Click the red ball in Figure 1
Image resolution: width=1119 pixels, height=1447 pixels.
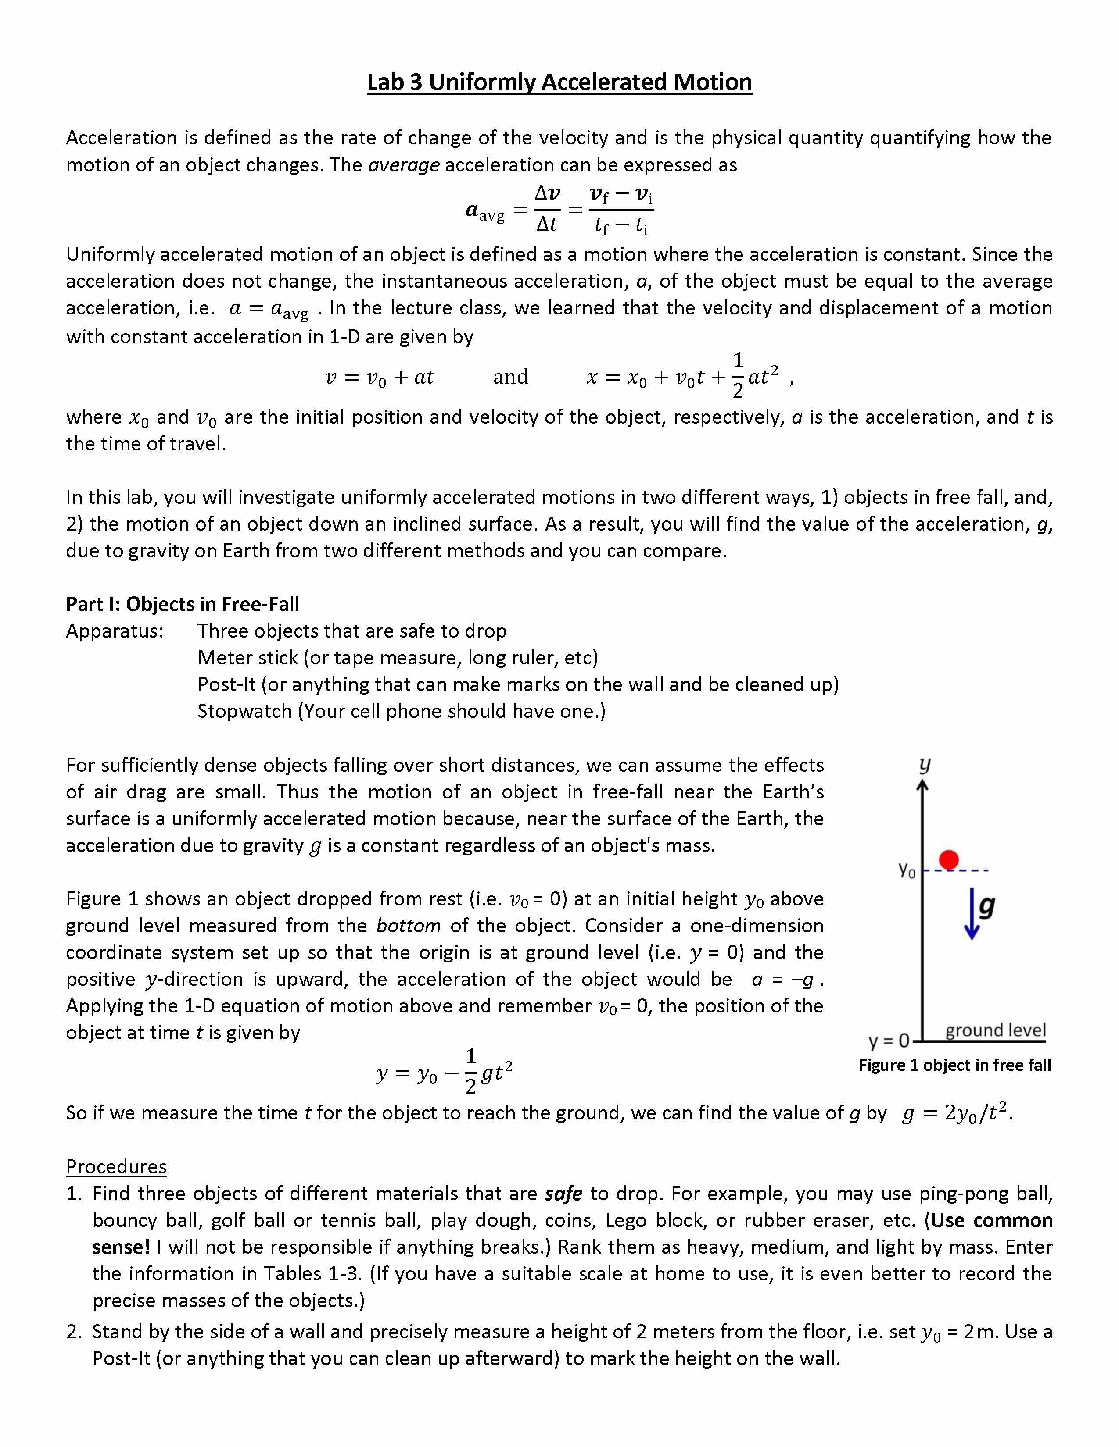tap(949, 859)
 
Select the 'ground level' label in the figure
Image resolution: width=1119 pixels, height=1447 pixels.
tap(995, 1030)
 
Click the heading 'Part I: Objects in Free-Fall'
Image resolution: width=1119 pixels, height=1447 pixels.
tap(182, 604)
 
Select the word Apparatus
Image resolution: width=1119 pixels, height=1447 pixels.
tap(114, 631)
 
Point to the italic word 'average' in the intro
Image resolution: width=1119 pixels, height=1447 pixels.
tap(404, 164)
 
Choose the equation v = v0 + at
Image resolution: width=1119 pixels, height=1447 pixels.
tap(379, 377)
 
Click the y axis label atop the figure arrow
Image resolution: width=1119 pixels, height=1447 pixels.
tap(924, 765)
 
